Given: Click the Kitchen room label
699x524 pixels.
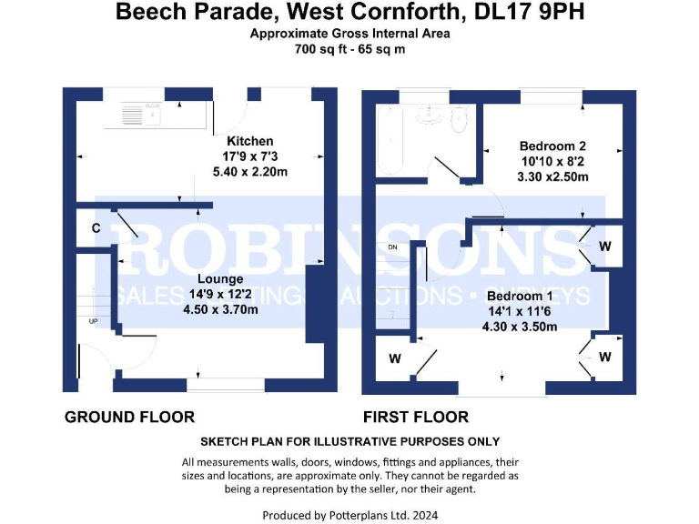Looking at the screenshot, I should pos(249,141).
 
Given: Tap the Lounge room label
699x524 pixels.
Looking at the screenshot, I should pos(218,278).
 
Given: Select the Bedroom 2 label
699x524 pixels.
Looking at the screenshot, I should pos(552,146).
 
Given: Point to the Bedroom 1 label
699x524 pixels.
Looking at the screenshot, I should pos(520,297).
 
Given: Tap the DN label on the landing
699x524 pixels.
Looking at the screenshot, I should pos(392,247).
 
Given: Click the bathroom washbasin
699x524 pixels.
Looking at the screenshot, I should pos(426,115).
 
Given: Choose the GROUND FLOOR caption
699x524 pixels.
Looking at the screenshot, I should pos(129,418).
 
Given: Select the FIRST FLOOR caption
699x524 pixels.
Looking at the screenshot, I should pos(416,418).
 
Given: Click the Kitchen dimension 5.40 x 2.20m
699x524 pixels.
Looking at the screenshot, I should pos(250,172).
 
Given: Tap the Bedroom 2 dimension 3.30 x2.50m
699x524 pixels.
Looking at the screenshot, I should pos(552,176).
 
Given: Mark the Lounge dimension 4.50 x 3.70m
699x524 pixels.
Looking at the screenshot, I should pos(218,309).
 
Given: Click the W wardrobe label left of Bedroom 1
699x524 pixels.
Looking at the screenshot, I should pos(394,358).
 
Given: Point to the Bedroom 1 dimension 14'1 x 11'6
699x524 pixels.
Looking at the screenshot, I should pos(520,312).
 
